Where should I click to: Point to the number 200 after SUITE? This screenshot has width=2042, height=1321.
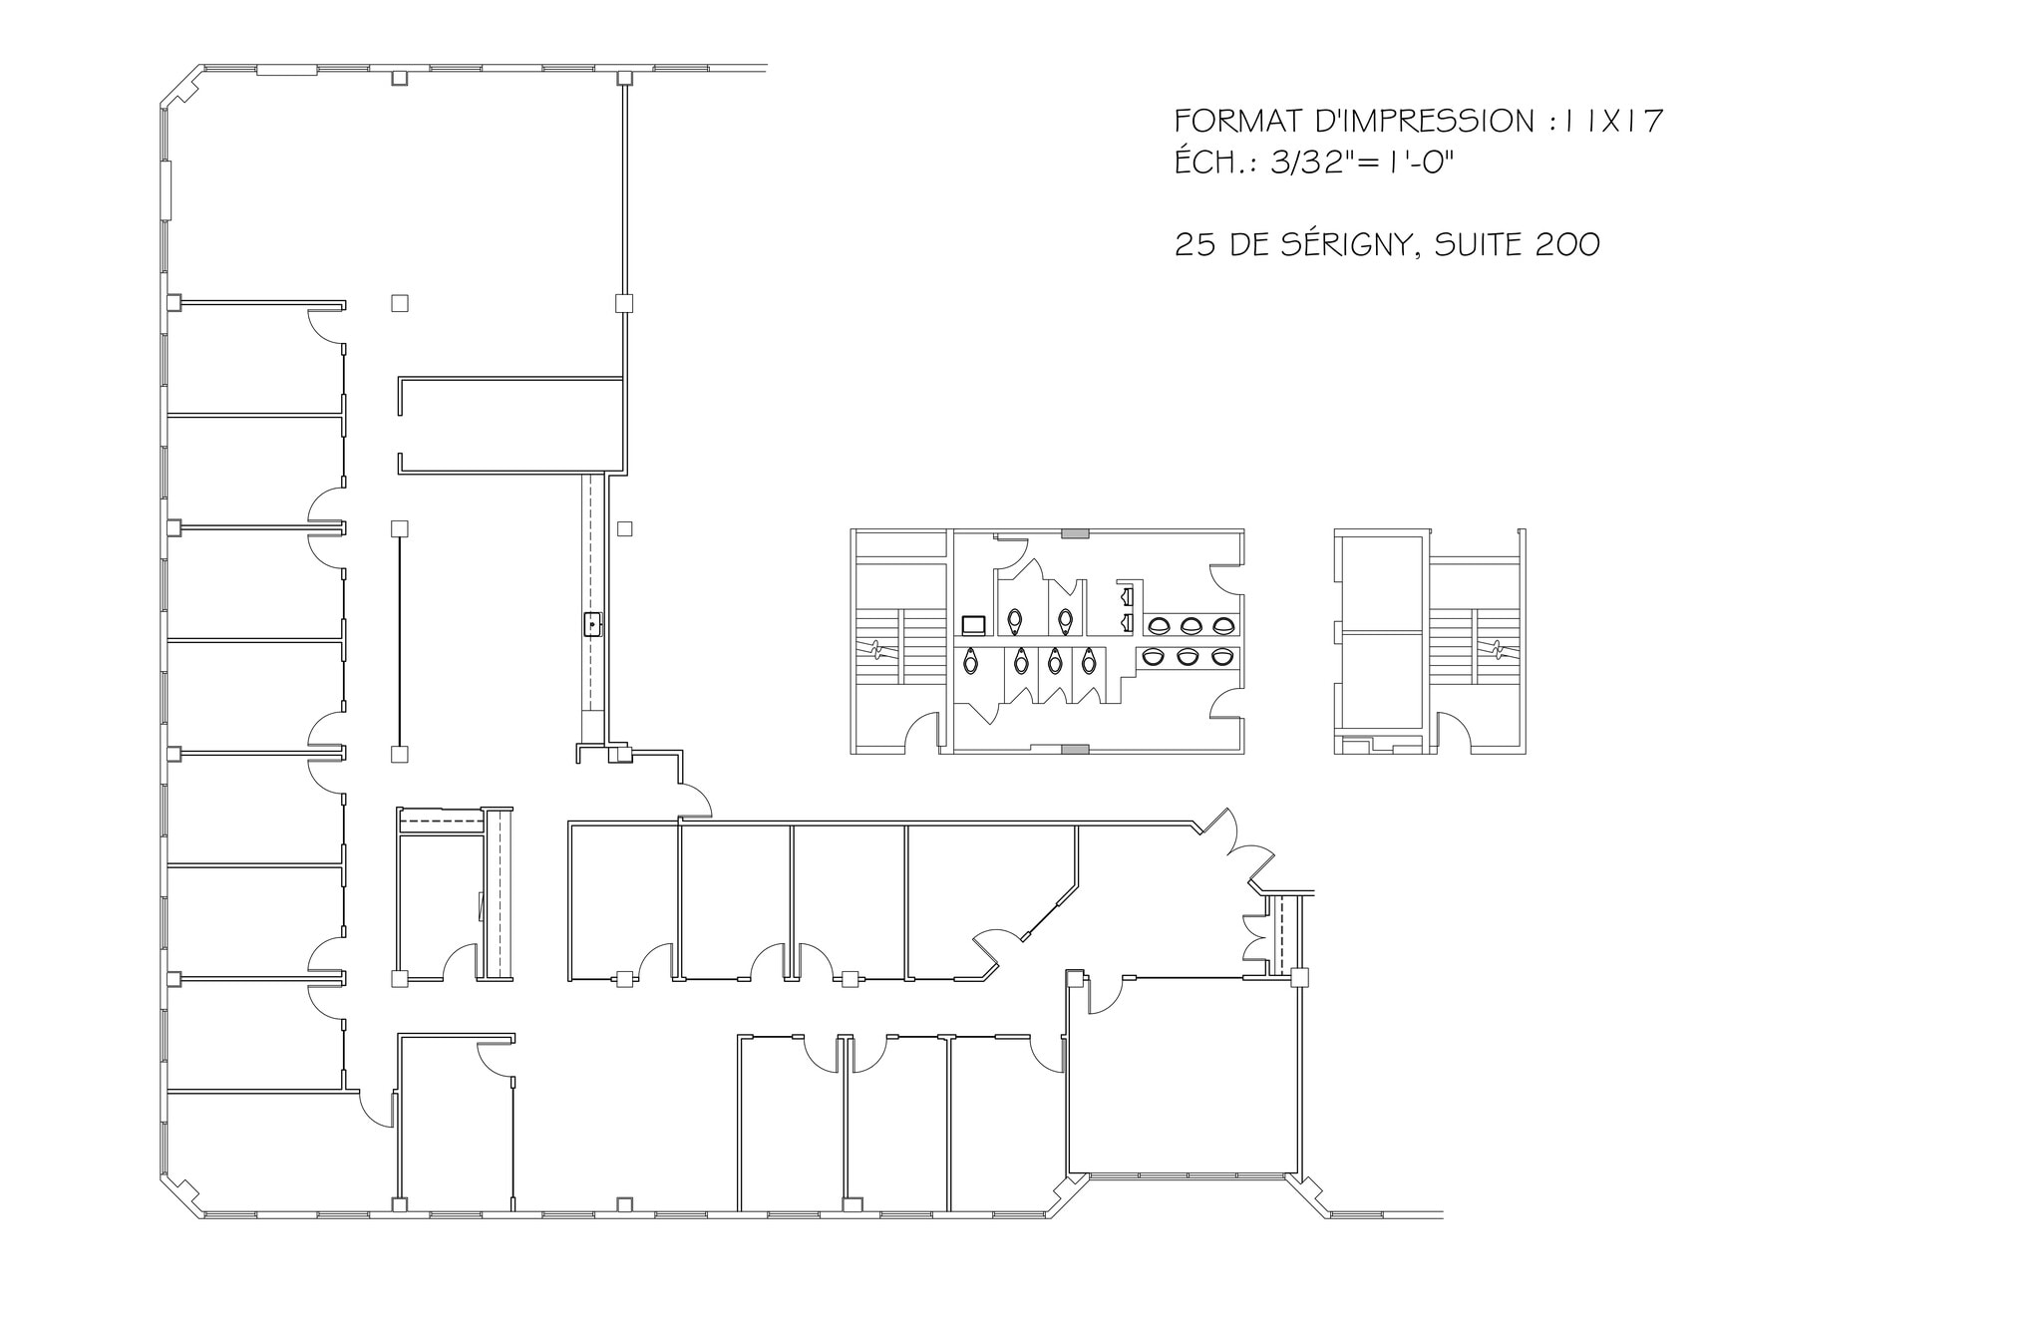[1567, 244]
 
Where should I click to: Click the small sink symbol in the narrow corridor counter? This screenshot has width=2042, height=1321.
[592, 625]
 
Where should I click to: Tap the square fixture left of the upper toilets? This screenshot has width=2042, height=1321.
[973, 626]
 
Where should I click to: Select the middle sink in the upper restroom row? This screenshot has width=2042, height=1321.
[1189, 626]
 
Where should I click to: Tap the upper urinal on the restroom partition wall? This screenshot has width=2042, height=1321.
[1128, 597]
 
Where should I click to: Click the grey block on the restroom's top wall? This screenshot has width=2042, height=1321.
[1075, 534]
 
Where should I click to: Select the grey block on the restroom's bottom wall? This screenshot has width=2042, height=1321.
[1075, 748]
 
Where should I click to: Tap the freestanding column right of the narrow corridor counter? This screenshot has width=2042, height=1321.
[624, 528]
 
